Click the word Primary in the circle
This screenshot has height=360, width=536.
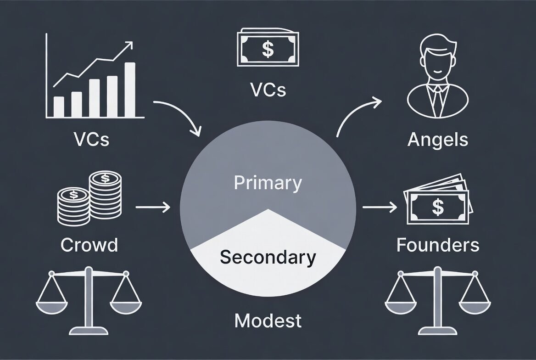pos(268,183)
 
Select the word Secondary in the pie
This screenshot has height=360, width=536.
pos(268,257)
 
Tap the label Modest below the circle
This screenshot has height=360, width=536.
pos(268,320)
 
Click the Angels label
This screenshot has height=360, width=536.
pos(438,139)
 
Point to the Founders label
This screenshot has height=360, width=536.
pos(438,245)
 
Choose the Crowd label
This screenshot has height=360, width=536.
pos(89,245)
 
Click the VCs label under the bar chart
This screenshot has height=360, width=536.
pos(91,139)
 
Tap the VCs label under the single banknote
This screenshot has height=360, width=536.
pos(268,90)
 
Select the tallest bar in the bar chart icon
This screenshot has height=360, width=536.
pos(130,90)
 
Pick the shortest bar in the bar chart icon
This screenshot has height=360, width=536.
pos(59,107)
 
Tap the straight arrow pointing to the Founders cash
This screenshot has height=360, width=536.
pos(380,208)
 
